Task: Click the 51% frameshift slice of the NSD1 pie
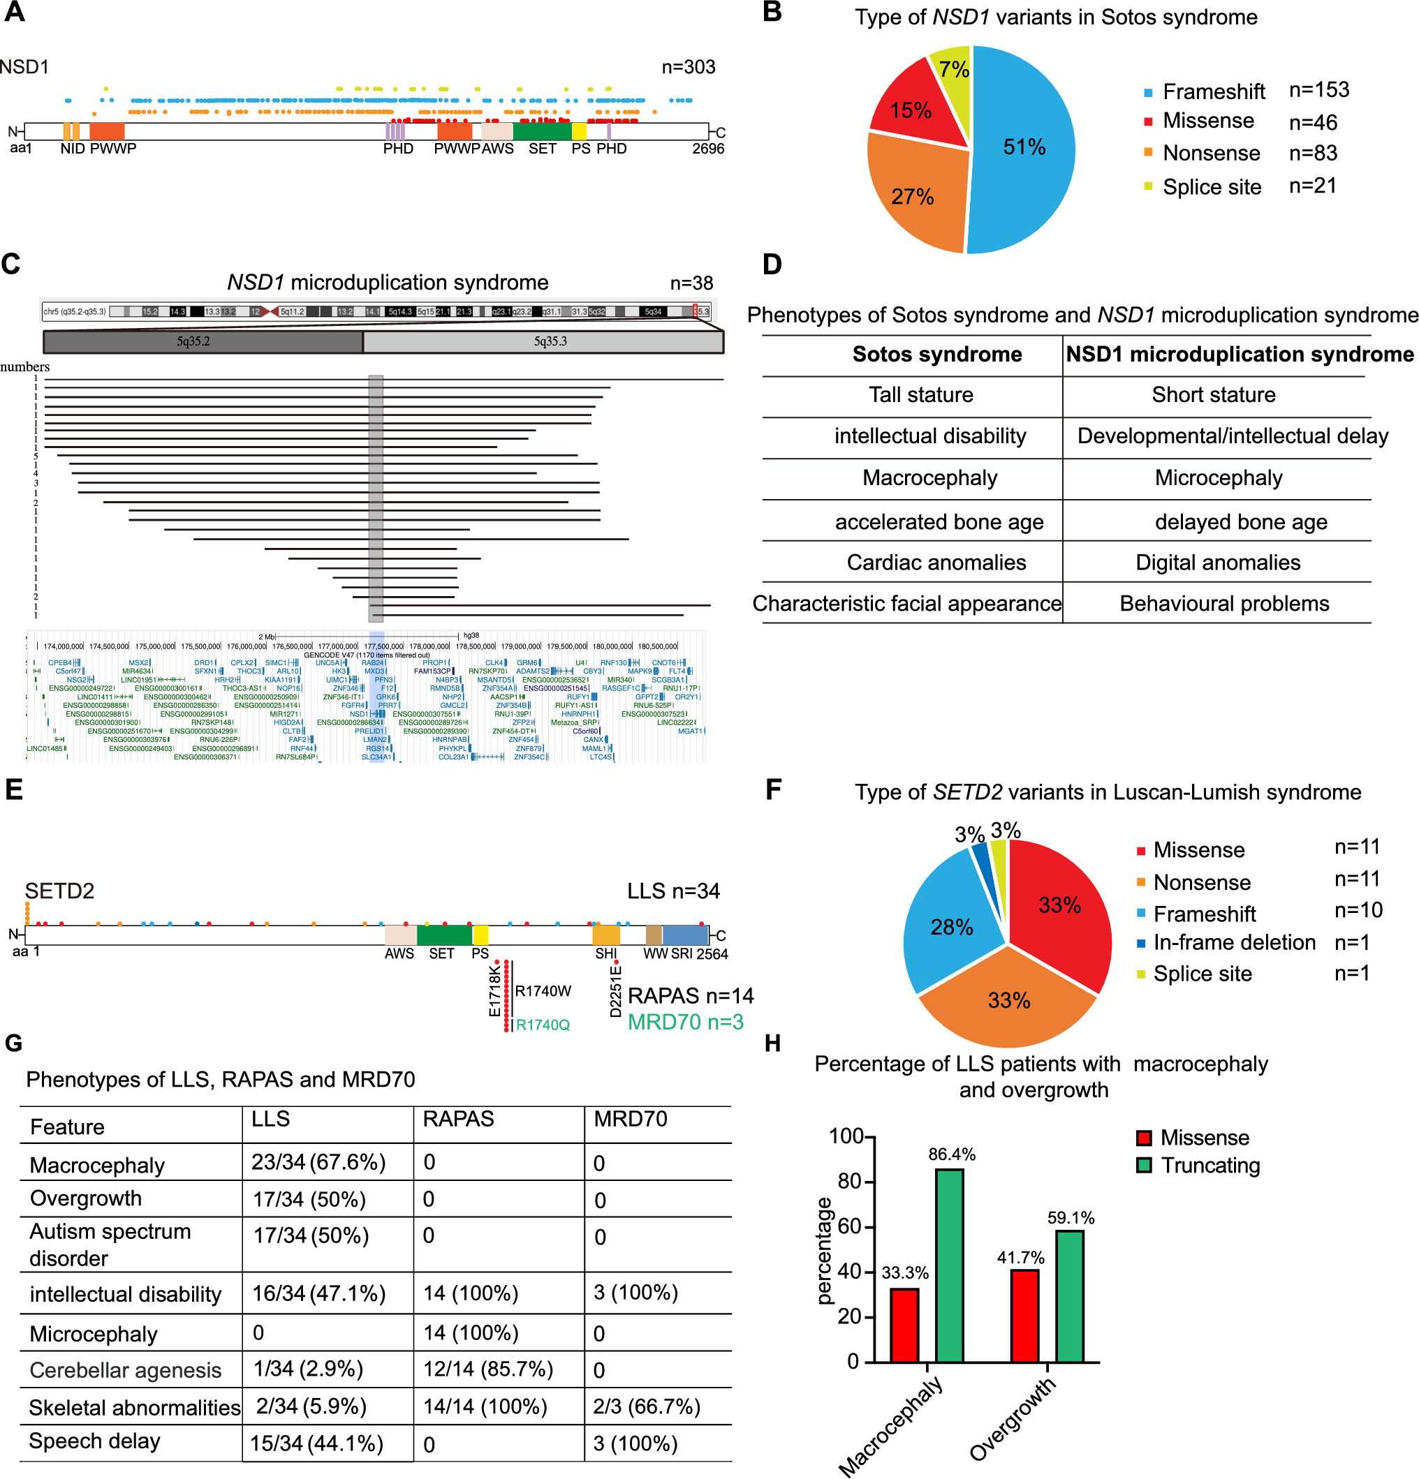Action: point(1023,147)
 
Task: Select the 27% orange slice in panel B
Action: point(913,196)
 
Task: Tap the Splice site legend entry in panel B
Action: point(1211,187)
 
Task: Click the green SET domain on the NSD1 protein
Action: point(541,131)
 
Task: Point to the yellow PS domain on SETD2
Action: point(480,935)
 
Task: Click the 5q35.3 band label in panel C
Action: point(550,342)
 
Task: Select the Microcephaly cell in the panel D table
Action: point(1217,478)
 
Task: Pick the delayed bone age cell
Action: point(1240,522)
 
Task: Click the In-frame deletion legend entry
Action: point(1233,942)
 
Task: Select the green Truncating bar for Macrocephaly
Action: point(949,1265)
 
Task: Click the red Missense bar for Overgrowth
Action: point(1024,1315)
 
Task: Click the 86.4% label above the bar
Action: point(951,1154)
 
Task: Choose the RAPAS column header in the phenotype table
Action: point(458,1119)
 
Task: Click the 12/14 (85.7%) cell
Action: point(487,1369)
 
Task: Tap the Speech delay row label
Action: point(94,1441)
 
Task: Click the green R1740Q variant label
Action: point(542,1025)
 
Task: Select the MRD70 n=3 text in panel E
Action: point(684,1022)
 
